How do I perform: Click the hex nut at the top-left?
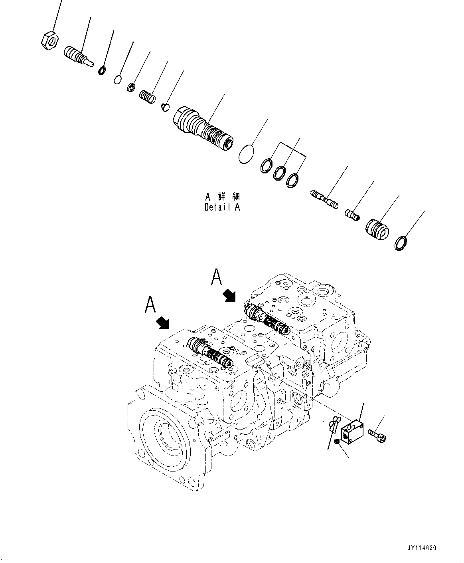[x=50, y=42]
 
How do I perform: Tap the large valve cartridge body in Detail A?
[x=203, y=127]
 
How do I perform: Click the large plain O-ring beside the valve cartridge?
[x=247, y=154]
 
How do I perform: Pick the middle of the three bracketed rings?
[x=280, y=173]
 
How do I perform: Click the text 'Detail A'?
[x=222, y=207]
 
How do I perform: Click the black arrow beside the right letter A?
[x=229, y=295]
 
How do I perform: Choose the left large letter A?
[x=150, y=305]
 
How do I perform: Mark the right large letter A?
[x=217, y=277]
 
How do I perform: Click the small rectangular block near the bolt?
[x=353, y=432]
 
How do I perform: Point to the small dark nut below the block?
[x=337, y=442]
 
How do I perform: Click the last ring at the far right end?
[x=400, y=243]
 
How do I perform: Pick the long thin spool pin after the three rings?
[x=324, y=199]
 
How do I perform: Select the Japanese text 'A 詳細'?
[x=222, y=197]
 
